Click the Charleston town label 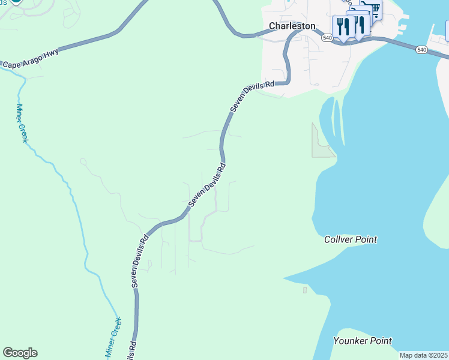(x=292, y=26)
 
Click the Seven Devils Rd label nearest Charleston (x=252, y=95)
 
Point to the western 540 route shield (x=327, y=37)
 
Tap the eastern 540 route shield (x=421, y=50)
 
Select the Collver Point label (x=351, y=239)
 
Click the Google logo (x=20, y=353)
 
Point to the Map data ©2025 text (x=424, y=355)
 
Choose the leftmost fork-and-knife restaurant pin (x=343, y=26)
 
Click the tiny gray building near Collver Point (x=305, y=290)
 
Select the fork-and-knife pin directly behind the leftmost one (x=359, y=24)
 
